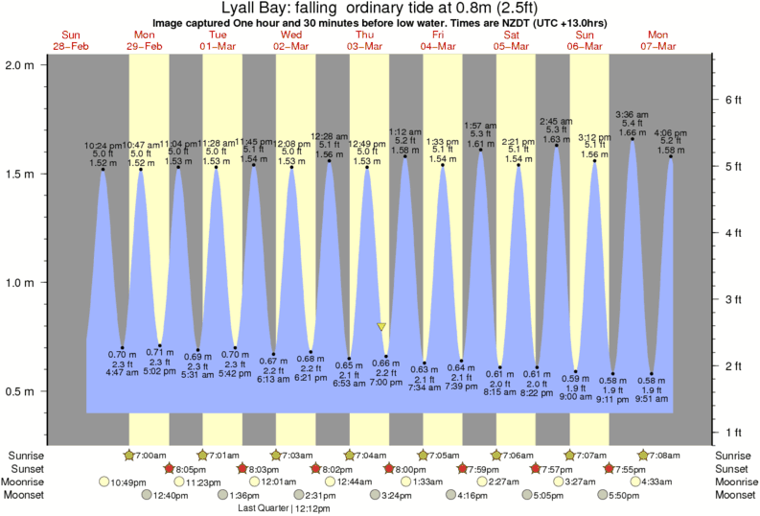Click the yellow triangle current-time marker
click(x=382, y=327)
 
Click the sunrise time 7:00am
click(x=147, y=455)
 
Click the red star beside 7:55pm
click(x=609, y=468)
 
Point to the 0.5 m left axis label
click(x=19, y=391)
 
